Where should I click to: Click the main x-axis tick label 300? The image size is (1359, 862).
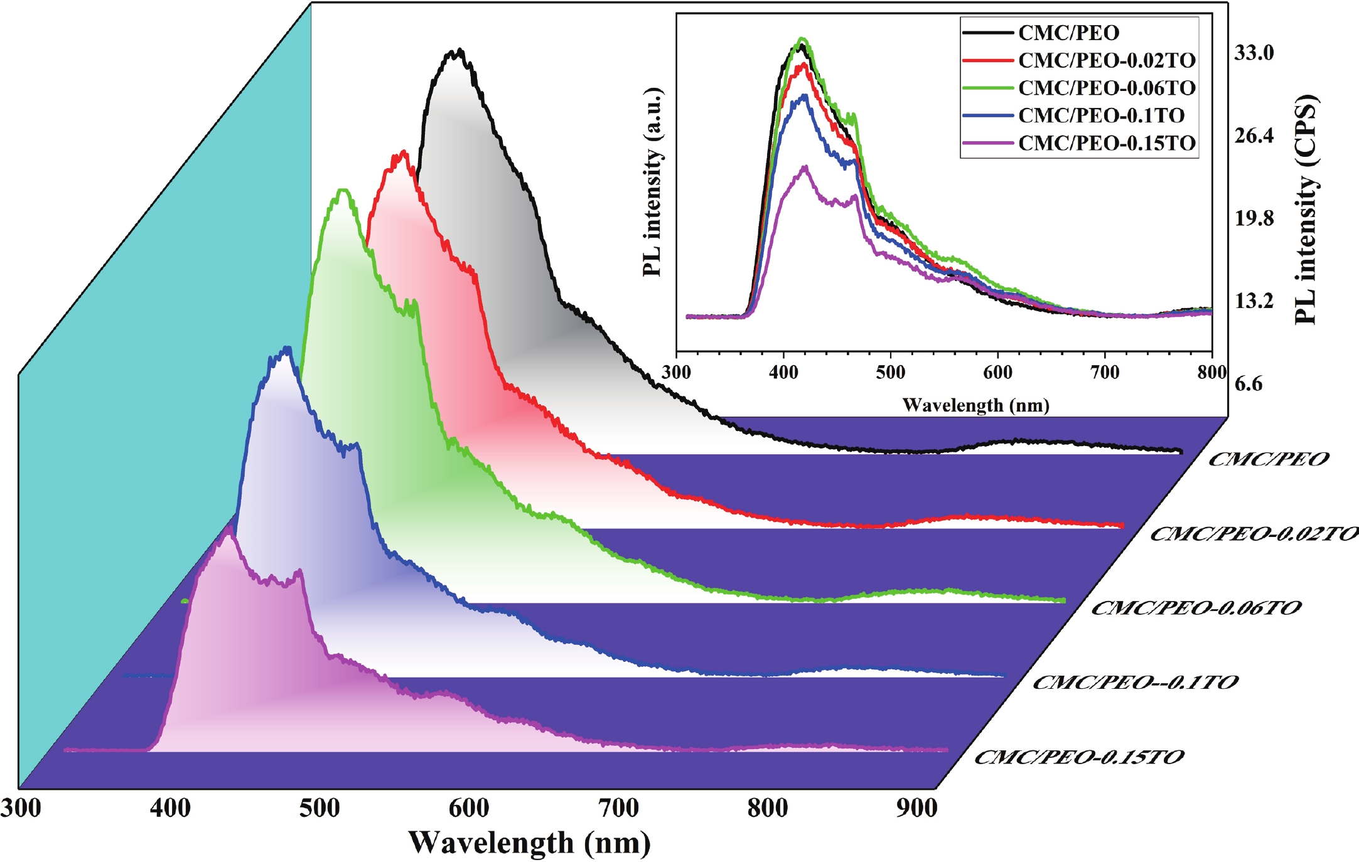[21, 807]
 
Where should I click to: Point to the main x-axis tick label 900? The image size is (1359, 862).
[916, 807]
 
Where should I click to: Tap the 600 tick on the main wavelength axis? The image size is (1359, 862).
[469, 807]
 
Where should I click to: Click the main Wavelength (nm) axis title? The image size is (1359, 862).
[529, 843]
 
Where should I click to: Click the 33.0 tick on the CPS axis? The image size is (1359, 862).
[1254, 53]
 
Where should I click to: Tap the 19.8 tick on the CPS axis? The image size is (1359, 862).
[1254, 218]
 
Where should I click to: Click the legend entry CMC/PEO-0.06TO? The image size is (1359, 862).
[1107, 88]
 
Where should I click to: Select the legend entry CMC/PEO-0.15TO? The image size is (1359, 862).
[1107, 143]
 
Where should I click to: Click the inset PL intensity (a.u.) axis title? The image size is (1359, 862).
[653, 182]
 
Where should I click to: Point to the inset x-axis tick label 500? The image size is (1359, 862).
[890, 373]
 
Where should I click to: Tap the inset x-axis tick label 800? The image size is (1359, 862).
[1211, 373]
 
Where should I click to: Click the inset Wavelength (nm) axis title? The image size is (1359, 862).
[975, 405]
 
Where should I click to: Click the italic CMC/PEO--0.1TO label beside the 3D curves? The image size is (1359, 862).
[1135, 682]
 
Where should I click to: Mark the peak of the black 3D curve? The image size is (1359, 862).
[460, 50]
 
